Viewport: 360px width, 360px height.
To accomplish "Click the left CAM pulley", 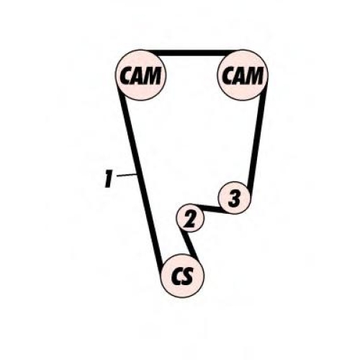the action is coord(140,75).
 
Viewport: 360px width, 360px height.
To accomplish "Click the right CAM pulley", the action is coord(243,75).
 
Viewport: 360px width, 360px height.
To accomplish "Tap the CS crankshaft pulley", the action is coord(182,276).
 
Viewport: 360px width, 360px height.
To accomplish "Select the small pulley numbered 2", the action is coord(190,218).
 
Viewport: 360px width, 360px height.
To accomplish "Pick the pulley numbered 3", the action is coord(234,198).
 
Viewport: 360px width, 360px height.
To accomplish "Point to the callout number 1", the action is coord(109,179).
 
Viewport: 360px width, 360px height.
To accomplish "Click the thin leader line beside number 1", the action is coord(127,175).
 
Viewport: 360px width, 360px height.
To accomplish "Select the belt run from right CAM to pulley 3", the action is coord(257,139).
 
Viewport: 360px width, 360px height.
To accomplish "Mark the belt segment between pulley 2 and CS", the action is coord(190,245).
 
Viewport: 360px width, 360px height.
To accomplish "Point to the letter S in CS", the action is coord(187,276).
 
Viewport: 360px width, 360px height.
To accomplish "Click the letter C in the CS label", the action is coord(176,276).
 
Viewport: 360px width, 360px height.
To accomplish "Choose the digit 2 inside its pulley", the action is coord(189,220).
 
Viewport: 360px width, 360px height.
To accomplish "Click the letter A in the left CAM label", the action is coord(138,75).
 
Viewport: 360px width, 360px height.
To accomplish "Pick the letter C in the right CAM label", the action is coord(228,75).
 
